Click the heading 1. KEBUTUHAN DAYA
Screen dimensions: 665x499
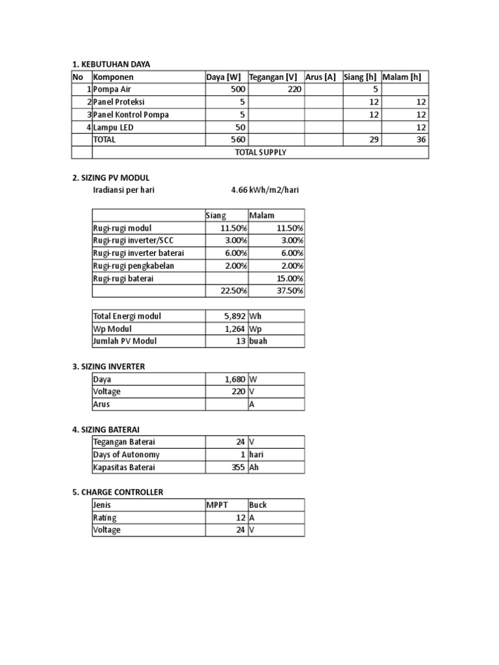click(x=115, y=64)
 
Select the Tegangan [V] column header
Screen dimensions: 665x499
click(x=273, y=77)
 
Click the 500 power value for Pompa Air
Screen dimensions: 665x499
click(x=237, y=89)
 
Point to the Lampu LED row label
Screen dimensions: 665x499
click(x=114, y=127)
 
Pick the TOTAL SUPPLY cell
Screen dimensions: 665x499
click(x=261, y=153)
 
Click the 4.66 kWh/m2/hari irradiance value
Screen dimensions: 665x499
click(x=265, y=190)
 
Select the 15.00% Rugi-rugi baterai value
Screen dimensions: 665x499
click(x=287, y=278)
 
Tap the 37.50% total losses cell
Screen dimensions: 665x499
click(x=287, y=291)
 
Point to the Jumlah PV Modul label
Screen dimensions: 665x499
click(x=125, y=342)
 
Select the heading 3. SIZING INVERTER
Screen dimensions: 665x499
click(x=108, y=366)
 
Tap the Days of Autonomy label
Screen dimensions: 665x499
click(x=126, y=455)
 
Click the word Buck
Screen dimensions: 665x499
click(x=258, y=505)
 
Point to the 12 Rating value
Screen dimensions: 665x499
click(x=240, y=518)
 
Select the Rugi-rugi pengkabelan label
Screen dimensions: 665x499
click(x=134, y=266)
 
